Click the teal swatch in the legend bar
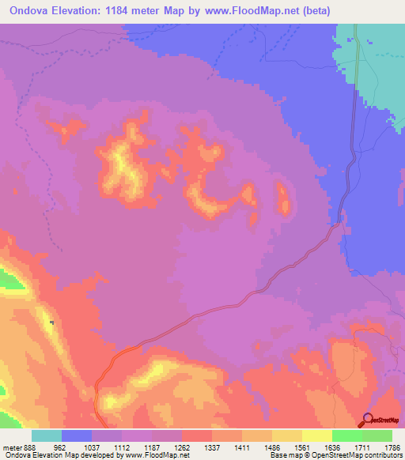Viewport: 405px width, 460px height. pyautogui.click(x=46, y=435)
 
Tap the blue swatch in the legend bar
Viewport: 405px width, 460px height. pyautogui.click(x=76, y=435)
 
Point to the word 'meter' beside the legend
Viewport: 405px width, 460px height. pyautogui.click(x=12, y=447)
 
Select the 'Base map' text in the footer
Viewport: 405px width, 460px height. pyautogui.click(x=283, y=455)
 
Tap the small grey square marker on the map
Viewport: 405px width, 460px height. pyautogui.click(x=52, y=322)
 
